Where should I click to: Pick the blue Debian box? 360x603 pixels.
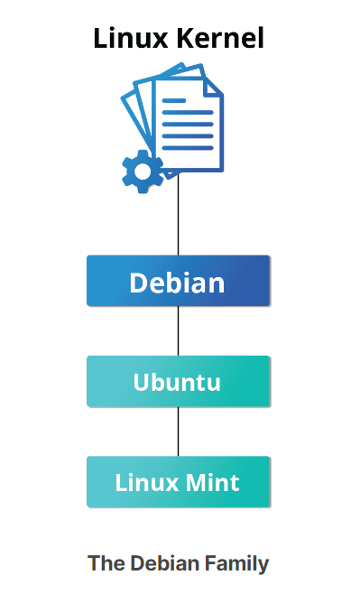pyautogui.click(x=179, y=282)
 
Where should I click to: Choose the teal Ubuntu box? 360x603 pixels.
pyautogui.click(x=179, y=382)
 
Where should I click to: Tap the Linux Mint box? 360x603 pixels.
pyautogui.click(x=179, y=482)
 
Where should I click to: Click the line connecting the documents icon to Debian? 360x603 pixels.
pyautogui.click(x=179, y=217)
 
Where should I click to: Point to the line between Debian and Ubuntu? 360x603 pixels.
pyautogui.click(x=179, y=331)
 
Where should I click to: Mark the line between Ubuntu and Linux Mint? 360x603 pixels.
pyautogui.click(x=179, y=431)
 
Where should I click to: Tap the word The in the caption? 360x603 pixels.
pyautogui.click(x=106, y=564)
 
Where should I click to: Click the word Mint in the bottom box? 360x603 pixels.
pyautogui.click(x=213, y=482)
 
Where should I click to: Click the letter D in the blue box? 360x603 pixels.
pyautogui.click(x=139, y=283)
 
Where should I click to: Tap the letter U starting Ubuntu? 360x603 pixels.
pyautogui.click(x=142, y=382)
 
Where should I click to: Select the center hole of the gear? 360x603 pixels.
pyautogui.click(x=142, y=171)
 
